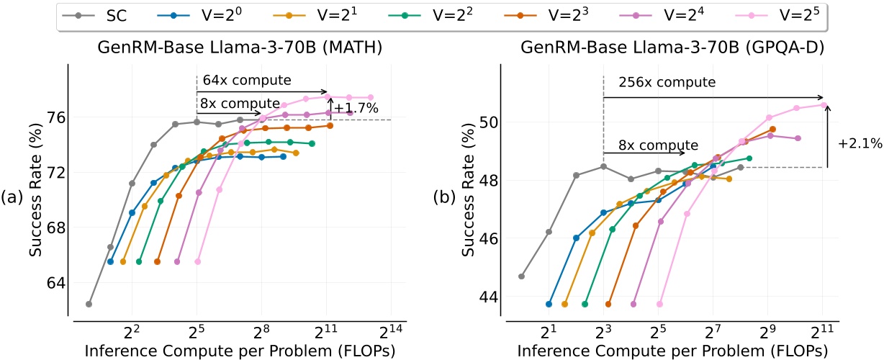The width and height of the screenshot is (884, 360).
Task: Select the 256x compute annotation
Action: click(x=659, y=83)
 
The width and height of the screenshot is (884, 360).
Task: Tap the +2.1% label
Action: click(x=860, y=143)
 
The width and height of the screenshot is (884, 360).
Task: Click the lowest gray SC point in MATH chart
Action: click(x=89, y=304)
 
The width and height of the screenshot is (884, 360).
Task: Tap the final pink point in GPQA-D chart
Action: click(x=824, y=105)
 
